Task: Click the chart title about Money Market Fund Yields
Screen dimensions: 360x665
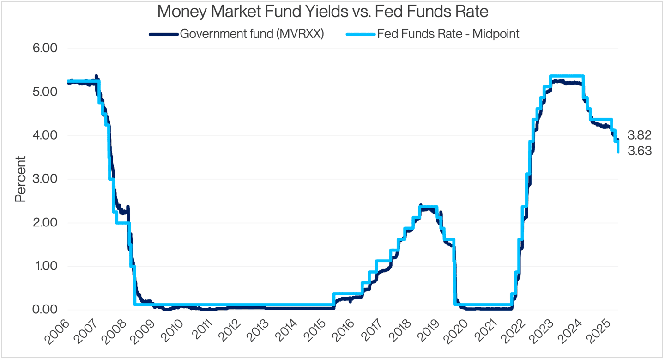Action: coord(322,11)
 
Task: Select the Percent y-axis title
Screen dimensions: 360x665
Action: coord(20,179)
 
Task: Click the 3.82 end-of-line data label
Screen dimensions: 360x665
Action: coord(639,135)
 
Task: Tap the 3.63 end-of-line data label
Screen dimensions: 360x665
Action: coord(639,151)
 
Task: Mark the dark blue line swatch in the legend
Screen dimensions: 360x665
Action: coord(163,34)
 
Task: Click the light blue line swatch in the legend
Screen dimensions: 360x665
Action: coord(360,34)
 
